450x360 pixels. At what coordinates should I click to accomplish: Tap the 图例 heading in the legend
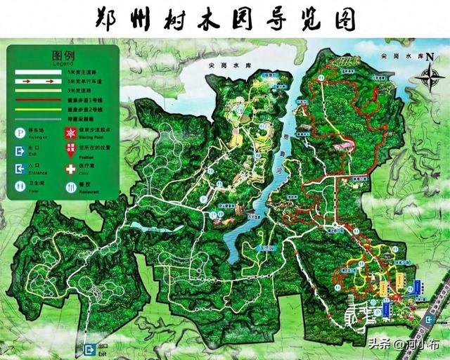pyautogui.click(x=63, y=55)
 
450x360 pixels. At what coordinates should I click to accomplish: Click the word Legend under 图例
pyautogui.click(x=63, y=63)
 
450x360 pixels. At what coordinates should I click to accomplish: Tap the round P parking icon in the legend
pyautogui.click(x=20, y=133)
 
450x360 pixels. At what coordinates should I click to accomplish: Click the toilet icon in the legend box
pyautogui.click(x=20, y=187)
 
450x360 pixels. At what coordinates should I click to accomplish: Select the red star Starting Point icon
pyautogui.click(x=70, y=133)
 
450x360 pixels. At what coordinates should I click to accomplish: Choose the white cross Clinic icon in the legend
pyautogui.click(x=70, y=169)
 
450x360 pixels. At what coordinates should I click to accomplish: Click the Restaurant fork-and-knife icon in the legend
pyautogui.click(x=70, y=187)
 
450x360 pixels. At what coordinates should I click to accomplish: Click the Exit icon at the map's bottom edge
pyautogui.click(x=89, y=349)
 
